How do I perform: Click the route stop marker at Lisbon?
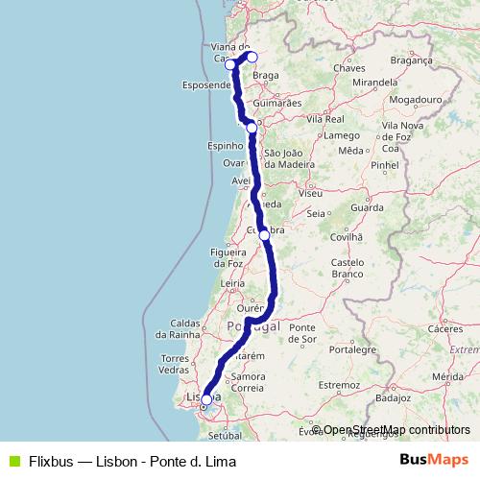coord(206,400)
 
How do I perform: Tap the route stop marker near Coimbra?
coord(264,234)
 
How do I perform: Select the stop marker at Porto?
coord(252,128)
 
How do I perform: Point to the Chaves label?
coord(344,69)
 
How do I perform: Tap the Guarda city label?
coord(367,207)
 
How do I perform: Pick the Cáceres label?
coord(445,328)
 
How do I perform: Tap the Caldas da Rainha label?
coord(184,329)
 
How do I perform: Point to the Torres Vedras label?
coord(175,363)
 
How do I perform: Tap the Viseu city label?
coord(310,193)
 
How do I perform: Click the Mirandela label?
coord(375,84)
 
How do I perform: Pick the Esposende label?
coord(206,85)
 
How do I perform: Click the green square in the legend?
coord(12,461)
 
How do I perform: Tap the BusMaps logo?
coord(433,460)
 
